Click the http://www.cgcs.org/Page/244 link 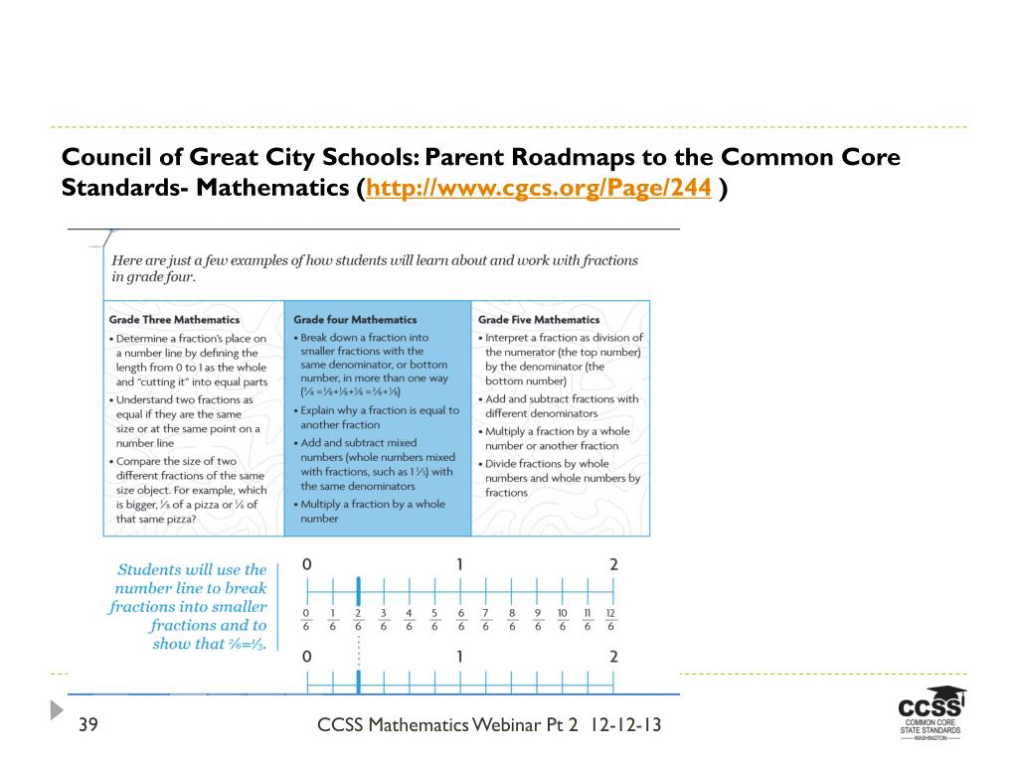tap(539, 189)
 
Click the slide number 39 tap(87, 725)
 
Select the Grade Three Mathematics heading tap(174, 320)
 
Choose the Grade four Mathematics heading tap(355, 320)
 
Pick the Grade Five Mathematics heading tap(539, 320)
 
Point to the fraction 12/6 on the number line tap(611, 620)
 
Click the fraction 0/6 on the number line tap(306, 620)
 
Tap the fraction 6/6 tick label tap(460, 620)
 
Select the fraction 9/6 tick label tap(537, 620)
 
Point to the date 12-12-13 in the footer tap(625, 725)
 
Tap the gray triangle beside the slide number tap(58, 710)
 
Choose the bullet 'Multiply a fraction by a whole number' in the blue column tap(373, 511)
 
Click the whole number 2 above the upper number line tap(613, 564)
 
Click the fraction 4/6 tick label tap(409, 620)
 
